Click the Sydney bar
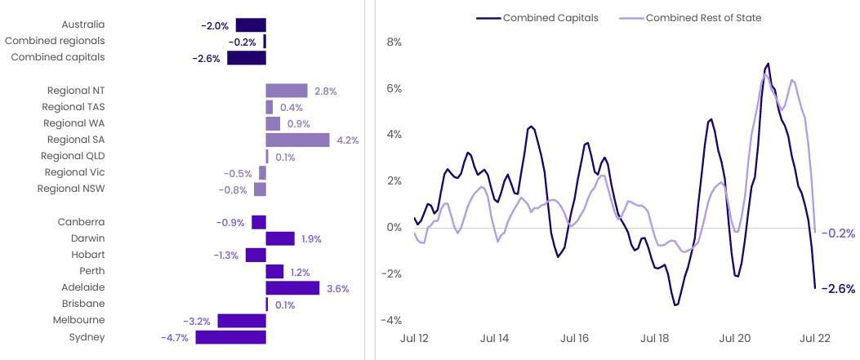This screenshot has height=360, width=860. click(x=230, y=337)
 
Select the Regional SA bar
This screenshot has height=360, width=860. click(x=297, y=140)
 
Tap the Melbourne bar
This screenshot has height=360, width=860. click(x=242, y=321)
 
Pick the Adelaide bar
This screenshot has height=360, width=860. click(x=292, y=288)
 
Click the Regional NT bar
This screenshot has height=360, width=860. click(x=287, y=91)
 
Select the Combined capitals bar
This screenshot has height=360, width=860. click(x=247, y=58)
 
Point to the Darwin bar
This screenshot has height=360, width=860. click(x=280, y=238)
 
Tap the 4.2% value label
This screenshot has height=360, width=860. click(x=346, y=140)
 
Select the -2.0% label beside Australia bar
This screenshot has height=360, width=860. click(x=215, y=26)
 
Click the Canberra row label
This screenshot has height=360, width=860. click(x=81, y=222)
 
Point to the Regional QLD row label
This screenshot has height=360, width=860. click(x=73, y=156)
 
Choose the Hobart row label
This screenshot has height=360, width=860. click(x=87, y=255)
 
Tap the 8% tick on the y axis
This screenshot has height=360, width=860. click(x=394, y=42)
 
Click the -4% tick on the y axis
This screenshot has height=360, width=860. click(x=392, y=320)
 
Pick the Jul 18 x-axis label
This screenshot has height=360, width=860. click(x=655, y=338)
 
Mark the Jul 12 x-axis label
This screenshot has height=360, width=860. click(x=413, y=338)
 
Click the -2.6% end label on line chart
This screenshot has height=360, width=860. click(x=837, y=289)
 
